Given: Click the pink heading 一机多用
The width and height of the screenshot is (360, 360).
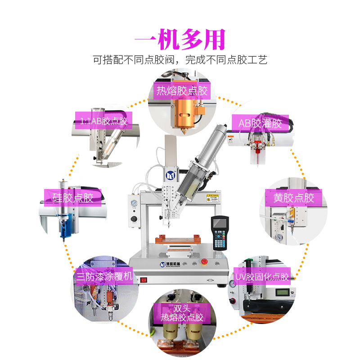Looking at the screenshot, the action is (x=180, y=40).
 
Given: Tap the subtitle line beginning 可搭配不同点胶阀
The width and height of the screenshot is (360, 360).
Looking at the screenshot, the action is (x=180, y=60).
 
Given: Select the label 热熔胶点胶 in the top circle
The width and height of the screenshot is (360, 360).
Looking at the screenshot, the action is (x=182, y=91).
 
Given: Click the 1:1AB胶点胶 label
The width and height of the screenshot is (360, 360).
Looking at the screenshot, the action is (x=103, y=121).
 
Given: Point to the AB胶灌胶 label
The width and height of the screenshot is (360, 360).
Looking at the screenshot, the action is (x=260, y=123).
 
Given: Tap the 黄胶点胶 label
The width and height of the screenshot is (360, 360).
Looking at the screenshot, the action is (x=294, y=198).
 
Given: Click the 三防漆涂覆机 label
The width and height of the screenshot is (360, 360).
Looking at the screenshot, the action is (x=104, y=276).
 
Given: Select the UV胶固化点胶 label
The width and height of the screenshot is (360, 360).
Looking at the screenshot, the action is (x=262, y=277).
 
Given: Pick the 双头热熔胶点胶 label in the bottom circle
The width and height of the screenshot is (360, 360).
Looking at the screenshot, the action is (x=182, y=313).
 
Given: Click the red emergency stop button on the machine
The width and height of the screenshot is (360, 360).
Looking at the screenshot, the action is (x=204, y=261).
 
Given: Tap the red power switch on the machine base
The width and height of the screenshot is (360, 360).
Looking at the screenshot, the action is (x=144, y=280).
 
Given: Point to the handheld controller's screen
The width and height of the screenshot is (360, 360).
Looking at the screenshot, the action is (x=220, y=223).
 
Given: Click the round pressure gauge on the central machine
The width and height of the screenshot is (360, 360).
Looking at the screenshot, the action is (x=134, y=203).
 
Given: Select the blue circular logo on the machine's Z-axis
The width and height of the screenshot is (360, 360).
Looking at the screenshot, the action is (x=171, y=176).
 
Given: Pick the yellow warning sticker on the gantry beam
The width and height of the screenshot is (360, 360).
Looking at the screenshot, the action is (x=213, y=198).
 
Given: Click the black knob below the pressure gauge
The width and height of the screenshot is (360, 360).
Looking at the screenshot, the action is (x=134, y=219).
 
